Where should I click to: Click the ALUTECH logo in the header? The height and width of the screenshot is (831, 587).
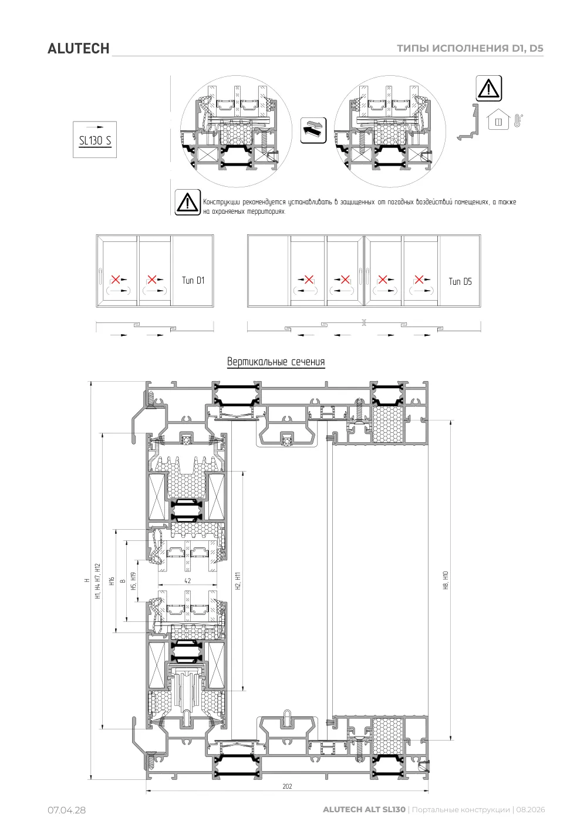[79, 49]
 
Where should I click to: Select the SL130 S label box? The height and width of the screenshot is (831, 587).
[95, 140]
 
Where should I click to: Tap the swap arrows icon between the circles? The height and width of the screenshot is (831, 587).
[313, 130]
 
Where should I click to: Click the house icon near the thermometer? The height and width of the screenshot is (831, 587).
[498, 119]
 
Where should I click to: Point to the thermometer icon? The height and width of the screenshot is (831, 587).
[518, 120]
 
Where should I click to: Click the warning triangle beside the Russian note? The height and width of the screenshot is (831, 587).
[188, 202]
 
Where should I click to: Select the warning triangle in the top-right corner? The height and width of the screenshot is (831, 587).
[489, 88]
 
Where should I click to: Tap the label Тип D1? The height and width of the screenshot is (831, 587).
[193, 280]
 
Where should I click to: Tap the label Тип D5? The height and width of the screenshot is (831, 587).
[460, 281]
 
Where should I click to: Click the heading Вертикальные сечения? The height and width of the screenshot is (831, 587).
[276, 362]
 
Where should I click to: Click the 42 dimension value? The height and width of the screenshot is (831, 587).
[188, 581]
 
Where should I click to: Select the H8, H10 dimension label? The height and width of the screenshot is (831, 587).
[446, 580]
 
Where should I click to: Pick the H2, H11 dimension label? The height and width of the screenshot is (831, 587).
[238, 581]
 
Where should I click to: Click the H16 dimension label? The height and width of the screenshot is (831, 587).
[112, 581]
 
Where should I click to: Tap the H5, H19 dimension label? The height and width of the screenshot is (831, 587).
[134, 581]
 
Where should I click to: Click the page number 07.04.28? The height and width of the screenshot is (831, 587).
[67, 810]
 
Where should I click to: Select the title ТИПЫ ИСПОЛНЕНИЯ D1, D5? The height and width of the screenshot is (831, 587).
[470, 48]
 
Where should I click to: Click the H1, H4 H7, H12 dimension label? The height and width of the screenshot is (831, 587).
[98, 581]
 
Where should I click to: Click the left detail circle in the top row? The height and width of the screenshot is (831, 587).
[236, 132]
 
